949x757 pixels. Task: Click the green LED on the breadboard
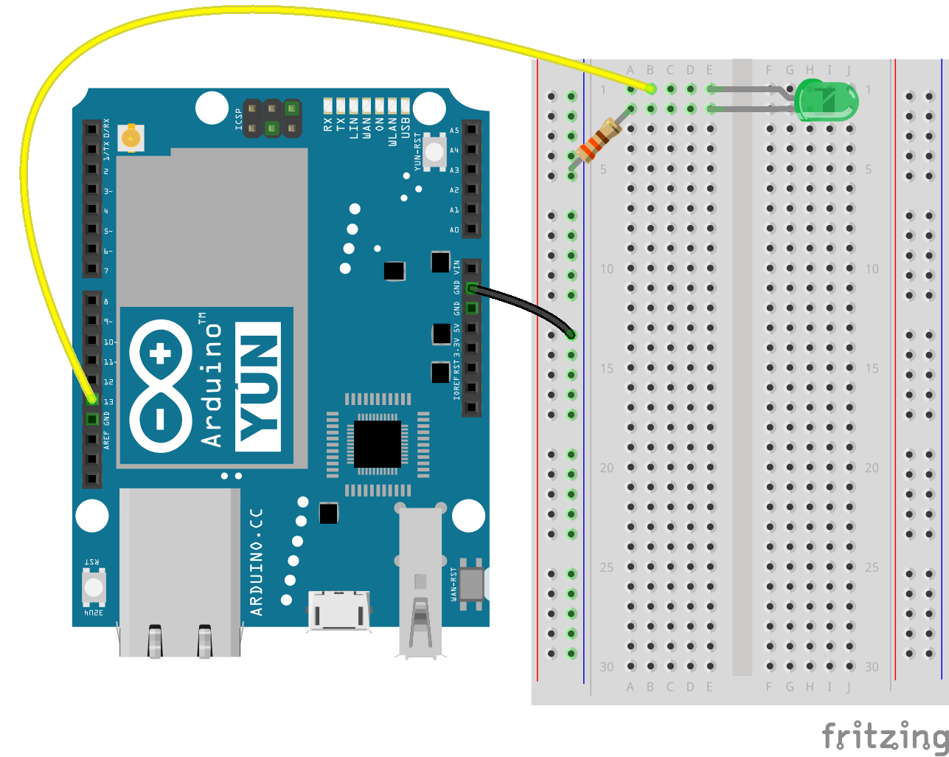point(827,101)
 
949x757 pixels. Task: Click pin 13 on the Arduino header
point(91,399)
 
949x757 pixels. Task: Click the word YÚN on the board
point(259,387)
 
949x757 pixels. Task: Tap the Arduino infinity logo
point(159,386)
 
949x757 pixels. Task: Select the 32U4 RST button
point(94,587)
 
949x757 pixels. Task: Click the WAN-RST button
point(471,583)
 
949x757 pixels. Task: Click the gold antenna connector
point(131,137)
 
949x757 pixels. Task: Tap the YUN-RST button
point(435,151)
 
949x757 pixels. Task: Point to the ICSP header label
point(239,120)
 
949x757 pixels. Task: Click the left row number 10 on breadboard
point(606,269)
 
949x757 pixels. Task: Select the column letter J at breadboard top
point(849,70)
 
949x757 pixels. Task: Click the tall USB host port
point(420,583)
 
